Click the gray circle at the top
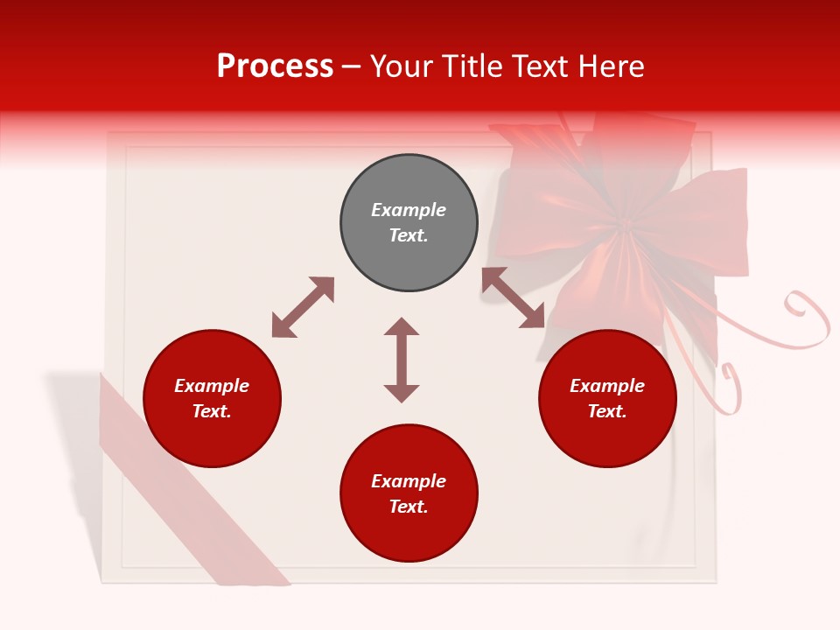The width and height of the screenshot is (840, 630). pyautogui.click(x=409, y=223)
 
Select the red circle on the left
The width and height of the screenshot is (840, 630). pyautogui.click(x=212, y=399)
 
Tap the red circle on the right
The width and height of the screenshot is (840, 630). pyautogui.click(x=607, y=399)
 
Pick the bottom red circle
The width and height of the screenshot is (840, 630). pyautogui.click(x=409, y=493)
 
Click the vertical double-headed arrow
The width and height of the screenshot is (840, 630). pyautogui.click(x=402, y=360)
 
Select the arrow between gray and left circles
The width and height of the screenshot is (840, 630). pyautogui.click(x=303, y=307)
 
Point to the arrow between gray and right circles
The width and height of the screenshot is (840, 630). pyautogui.click(x=513, y=297)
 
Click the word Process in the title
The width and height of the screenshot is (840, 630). pyautogui.click(x=275, y=66)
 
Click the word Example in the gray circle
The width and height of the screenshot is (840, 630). pyautogui.click(x=409, y=210)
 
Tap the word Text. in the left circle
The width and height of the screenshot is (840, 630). pyautogui.click(x=212, y=412)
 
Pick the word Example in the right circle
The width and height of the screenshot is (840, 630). pyautogui.click(x=607, y=386)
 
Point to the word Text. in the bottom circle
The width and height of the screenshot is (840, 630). pyautogui.click(x=409, y=507)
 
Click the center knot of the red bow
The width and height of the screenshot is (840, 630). pyautogui.click(x=624, y=228)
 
